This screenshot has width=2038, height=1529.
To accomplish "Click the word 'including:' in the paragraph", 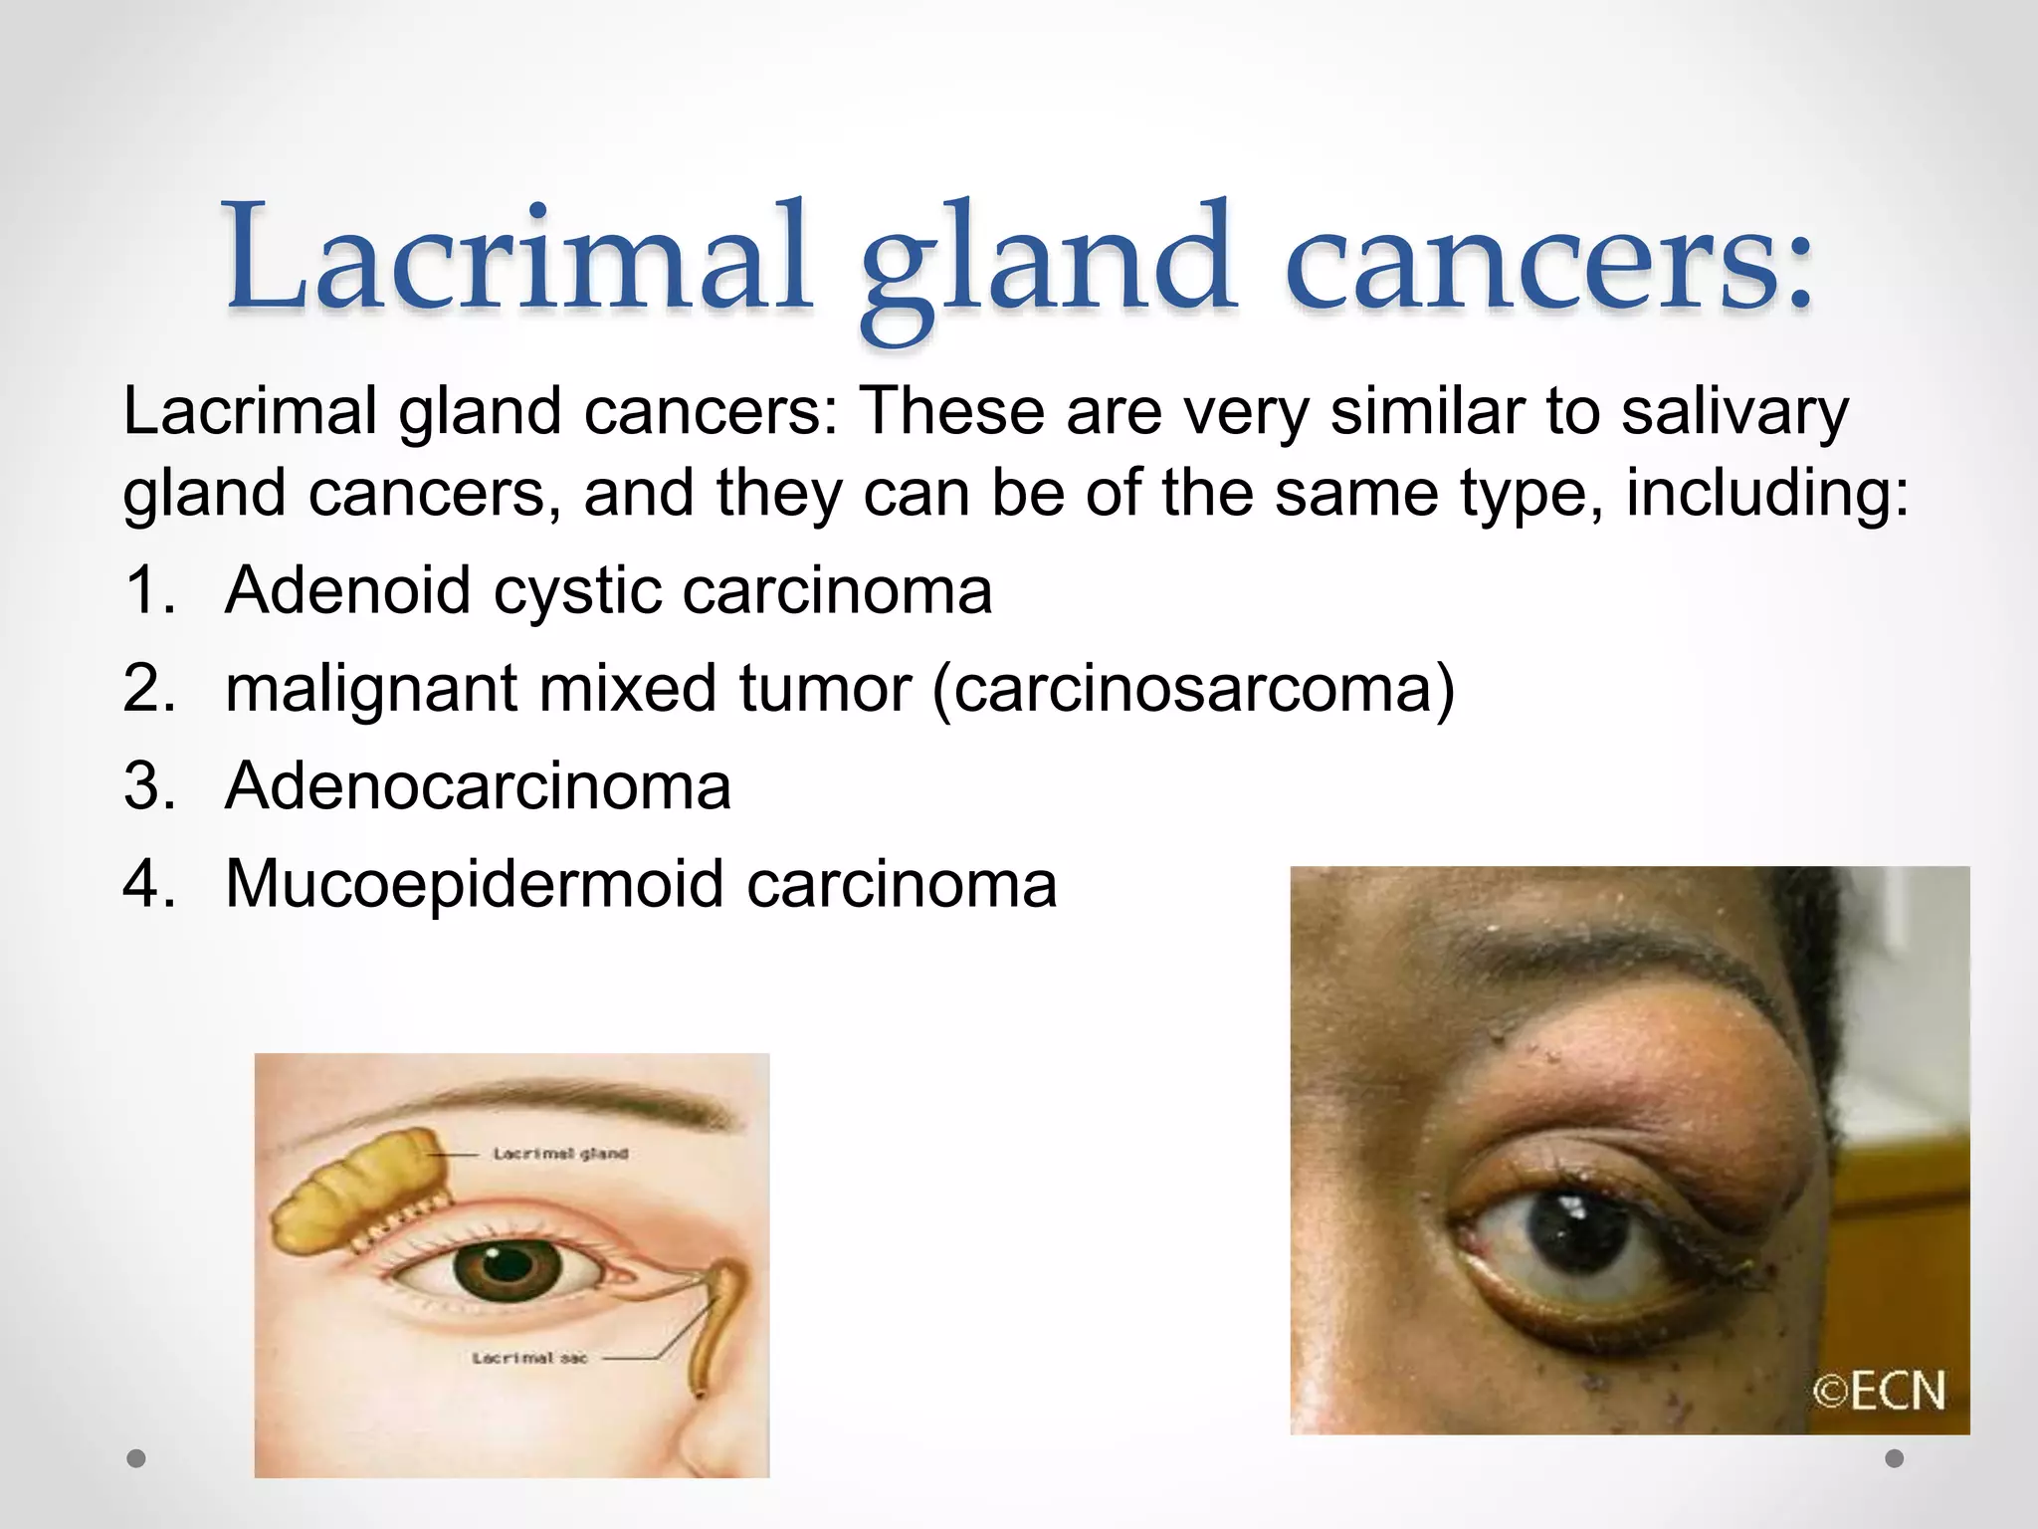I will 1767,494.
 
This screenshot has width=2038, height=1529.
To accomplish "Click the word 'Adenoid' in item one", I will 346,591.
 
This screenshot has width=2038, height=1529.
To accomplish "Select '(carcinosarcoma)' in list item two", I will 1193,689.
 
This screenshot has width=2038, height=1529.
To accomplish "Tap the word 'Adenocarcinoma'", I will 478,786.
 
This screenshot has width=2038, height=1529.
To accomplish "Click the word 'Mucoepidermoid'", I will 474,884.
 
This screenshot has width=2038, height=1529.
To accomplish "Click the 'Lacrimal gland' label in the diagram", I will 560,1154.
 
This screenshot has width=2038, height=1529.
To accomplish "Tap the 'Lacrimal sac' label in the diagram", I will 529,1358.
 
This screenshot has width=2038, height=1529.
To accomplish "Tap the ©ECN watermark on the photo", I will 1878,1391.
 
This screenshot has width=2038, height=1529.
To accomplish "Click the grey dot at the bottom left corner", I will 137,1458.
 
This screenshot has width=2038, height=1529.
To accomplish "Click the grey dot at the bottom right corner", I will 1895,1458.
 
